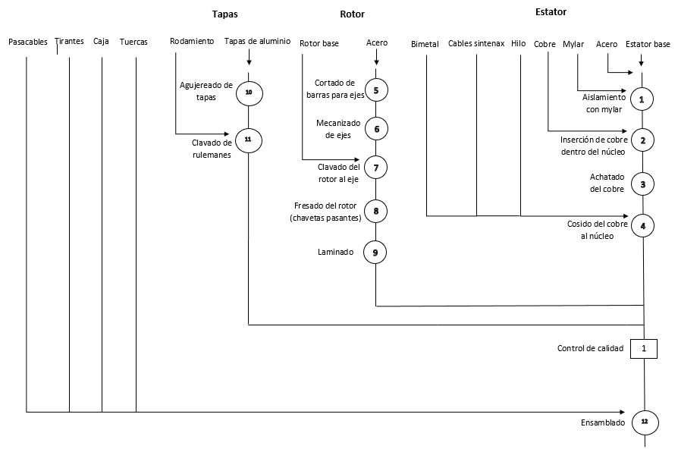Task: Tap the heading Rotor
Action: tap(352, 14)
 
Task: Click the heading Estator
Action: tap(551, 11)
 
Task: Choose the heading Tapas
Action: tap(224, 14)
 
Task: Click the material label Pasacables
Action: tap(28, 42)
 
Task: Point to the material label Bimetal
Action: tap(425, 44)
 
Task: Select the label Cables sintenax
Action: tap(476, 44)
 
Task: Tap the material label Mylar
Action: tap(573, 44)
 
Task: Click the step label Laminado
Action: tap(335, 253)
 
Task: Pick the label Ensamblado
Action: tap(603, 422)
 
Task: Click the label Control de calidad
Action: tap(590, 348)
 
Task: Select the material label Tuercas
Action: tap(133, 42)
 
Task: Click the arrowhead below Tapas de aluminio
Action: tap(249, 62)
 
